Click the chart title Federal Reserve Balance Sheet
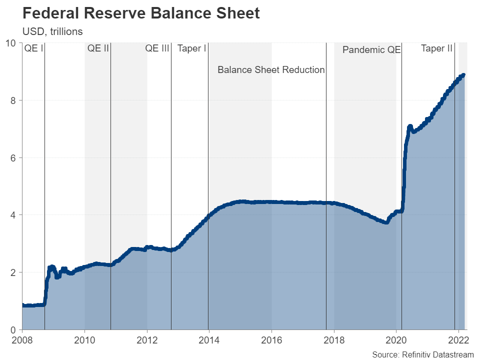(x=141, y=13)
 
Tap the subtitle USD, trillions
(x=52, y=31)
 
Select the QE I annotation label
(x=34, y=48)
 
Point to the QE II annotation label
(x=98, y=48)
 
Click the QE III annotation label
(x=157, y=48)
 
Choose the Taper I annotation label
(x=192, y=48)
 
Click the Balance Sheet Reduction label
(x=271, y=70)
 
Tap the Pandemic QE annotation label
(x=371, y=50)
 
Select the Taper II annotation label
(x=436, y=48)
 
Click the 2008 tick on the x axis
(x=22, y=340)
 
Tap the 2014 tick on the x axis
(x=209, y=340)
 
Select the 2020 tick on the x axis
(x=396, y=340)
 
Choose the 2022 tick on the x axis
(x=458, y=340)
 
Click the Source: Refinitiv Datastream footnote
(x=423, y=354)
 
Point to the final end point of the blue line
(x=463, y=75)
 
